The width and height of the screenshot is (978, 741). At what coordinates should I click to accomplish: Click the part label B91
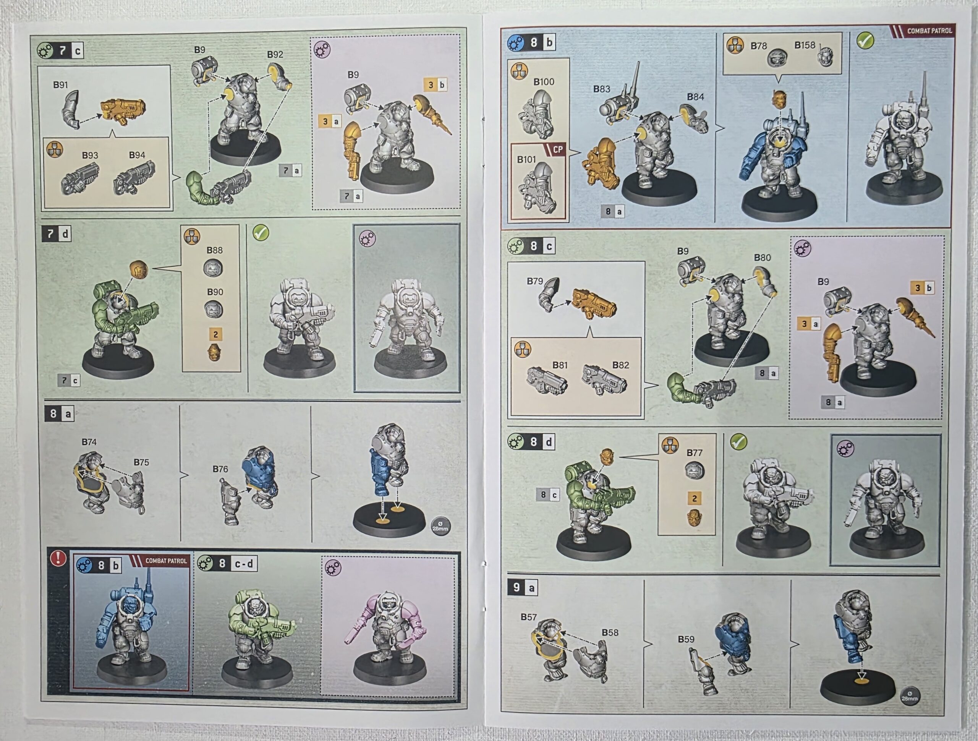click(61, 84)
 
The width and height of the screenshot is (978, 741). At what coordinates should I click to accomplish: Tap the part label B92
click(275, 54)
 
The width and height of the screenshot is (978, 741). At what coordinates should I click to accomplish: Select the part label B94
click(137, 155)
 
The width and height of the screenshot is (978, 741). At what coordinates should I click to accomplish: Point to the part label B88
click(214, 250)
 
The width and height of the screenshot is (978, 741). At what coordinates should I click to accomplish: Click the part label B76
click(220, 469)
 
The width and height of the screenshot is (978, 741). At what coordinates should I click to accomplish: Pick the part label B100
click(544, 82)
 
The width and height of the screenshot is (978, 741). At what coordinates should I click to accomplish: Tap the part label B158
click(804, 45)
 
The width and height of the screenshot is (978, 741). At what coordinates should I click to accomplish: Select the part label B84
click(695, 97)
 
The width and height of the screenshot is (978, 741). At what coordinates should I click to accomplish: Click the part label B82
click(620, 365)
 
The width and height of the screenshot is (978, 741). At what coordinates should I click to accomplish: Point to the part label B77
click(694, 452)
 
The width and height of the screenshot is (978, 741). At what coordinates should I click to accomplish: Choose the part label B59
click(686, 639)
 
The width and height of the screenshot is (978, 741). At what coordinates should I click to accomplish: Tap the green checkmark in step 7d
click(261, 232)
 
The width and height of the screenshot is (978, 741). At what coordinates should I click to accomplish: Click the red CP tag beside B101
click(557, 149)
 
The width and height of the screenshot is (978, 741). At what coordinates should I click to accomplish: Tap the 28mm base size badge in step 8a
click(440, 527)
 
